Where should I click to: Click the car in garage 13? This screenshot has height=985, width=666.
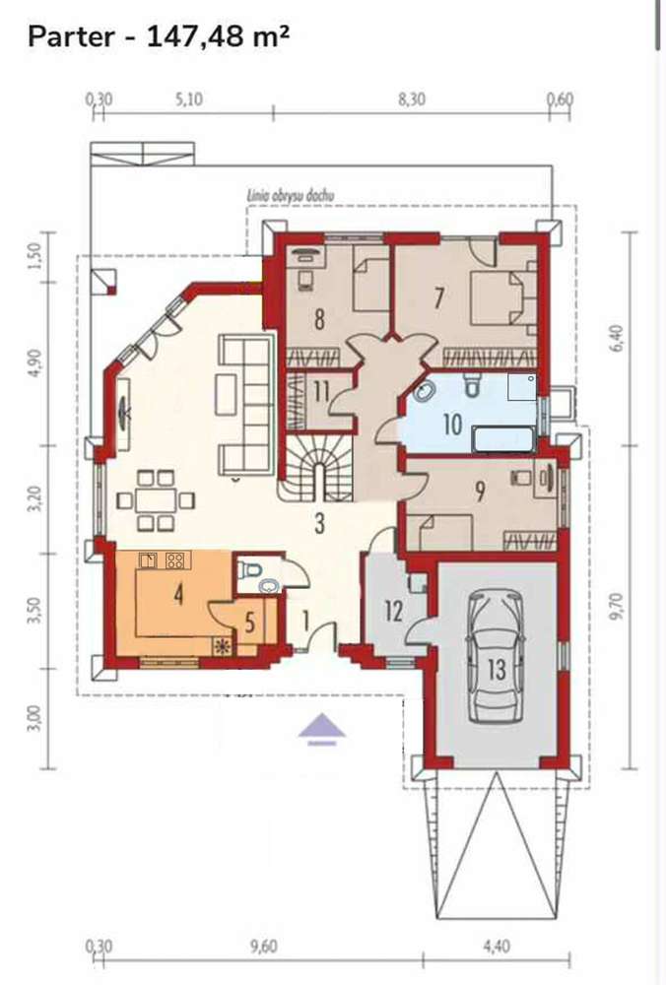coord(496,657)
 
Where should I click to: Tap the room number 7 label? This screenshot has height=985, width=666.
coord(438,297)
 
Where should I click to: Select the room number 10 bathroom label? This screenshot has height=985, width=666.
coord(452,424)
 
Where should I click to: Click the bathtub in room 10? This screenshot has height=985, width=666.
coord(503,439)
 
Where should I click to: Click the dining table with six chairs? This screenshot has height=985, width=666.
coord(156,500)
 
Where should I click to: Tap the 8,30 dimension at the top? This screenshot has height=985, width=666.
coord(412,99)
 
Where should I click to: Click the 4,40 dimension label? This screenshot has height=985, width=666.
coord(497,946)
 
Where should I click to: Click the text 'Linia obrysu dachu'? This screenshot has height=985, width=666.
coord(291,196)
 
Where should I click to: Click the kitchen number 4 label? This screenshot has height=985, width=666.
coord(179,594)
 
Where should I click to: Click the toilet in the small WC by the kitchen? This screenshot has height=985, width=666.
coord(253,570)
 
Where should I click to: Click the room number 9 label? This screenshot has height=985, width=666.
coord(480,492)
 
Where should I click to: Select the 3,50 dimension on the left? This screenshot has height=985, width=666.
coord(35,611)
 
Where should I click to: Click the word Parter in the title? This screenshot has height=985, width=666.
coord(71,36)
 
